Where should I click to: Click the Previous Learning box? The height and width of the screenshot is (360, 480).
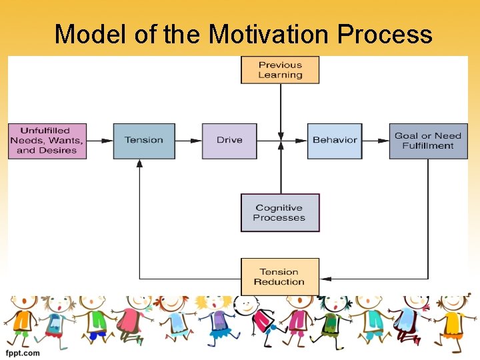(280, 70)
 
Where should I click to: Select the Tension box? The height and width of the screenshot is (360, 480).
(144, 141)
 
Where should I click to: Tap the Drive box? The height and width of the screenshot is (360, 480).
(229, 141)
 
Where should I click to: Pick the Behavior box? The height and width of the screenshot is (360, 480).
(335, 141)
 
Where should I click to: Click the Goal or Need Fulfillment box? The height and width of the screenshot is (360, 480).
(428, 141)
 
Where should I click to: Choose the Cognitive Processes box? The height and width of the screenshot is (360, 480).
(280, 213)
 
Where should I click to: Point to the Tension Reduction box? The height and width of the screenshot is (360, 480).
(280, 277)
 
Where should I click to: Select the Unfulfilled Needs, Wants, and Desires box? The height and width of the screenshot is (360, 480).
(47, 141)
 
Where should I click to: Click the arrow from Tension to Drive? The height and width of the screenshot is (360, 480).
(189, 141)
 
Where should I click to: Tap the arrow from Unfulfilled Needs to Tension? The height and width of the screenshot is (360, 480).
(100, 141)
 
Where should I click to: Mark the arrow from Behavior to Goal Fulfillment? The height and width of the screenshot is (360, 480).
(376, 141)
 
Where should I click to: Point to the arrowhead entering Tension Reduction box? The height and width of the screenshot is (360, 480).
(324, 278)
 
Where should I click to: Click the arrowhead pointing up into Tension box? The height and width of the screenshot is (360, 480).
(139, 163)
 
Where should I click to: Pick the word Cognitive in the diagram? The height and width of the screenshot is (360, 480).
(279, 208)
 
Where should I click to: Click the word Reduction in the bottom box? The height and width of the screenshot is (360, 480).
(279, 282)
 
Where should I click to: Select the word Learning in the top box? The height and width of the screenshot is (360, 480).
(280, 75)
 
